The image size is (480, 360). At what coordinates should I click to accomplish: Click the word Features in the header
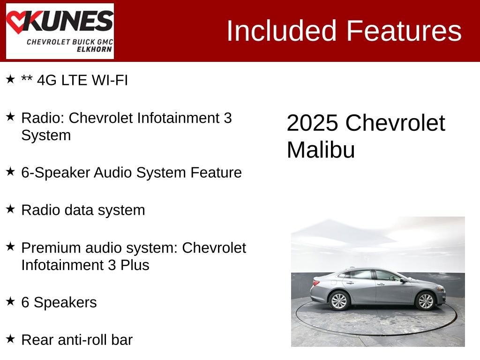click(404, 31)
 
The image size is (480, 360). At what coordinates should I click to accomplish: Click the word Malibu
click(321, 150)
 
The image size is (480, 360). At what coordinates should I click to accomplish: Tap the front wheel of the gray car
click(425, 300)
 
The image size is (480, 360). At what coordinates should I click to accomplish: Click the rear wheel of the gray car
click(339, 300)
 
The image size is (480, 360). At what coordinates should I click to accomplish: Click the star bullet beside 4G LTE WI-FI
click(10, 79)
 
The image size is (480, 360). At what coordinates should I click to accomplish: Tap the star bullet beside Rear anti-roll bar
click(10, 338)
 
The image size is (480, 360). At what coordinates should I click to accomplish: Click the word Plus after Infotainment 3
click(135, 265)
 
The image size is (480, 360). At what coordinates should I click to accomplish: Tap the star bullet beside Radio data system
click(10, 209)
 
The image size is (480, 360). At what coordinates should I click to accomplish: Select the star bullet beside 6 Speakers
click(10, 301)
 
